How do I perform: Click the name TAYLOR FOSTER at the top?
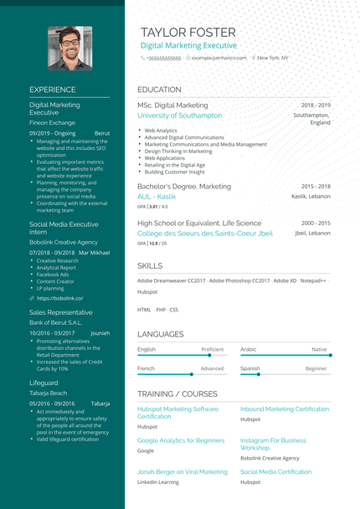tap(188, 32)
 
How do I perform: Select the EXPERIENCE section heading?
tap(52, 90)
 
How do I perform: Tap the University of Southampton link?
tap(179, 116)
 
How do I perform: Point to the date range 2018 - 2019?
tap(316, 105)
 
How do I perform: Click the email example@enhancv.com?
tap(219, 59)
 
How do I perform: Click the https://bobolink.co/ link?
tap(59, 297)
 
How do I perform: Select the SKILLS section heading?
tap(151, 265)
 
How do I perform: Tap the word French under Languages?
tap(146, 368)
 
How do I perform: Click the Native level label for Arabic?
tap(319, 349)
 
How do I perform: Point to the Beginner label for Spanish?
tap(316, 368)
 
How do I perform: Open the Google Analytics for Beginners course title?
tap(181, 440)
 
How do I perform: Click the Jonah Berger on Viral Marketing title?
tap(182, 472)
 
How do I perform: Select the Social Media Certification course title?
tap(275, 472)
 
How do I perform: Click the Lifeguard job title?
tap(44, 383)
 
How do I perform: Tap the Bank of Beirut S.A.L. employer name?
tap(55, 322)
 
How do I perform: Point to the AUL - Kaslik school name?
tap(157, 196)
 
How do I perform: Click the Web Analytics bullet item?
tap(161, 131)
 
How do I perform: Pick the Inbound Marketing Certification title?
tap(285, 409)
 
